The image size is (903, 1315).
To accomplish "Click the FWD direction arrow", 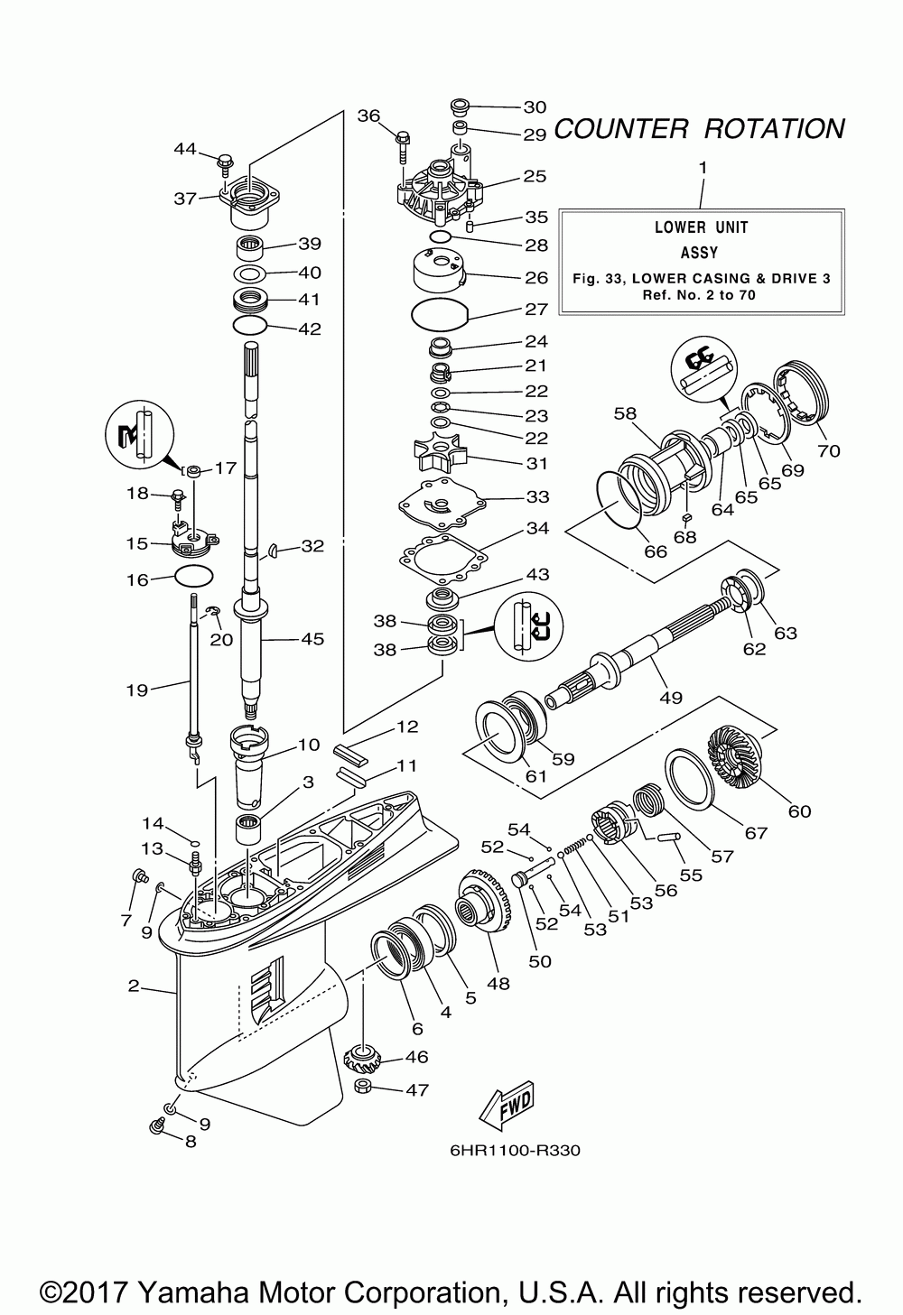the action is point(507,1105).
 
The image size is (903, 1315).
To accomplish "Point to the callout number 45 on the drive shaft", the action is point(312,639).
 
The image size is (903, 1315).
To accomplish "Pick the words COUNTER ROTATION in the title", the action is point(699,128).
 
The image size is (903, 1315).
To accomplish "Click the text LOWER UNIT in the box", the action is point(701,227).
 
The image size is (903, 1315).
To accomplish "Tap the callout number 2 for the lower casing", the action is point(134,986).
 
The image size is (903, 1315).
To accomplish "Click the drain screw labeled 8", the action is point(157,1126).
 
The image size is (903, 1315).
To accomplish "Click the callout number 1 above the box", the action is point(703,168).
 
